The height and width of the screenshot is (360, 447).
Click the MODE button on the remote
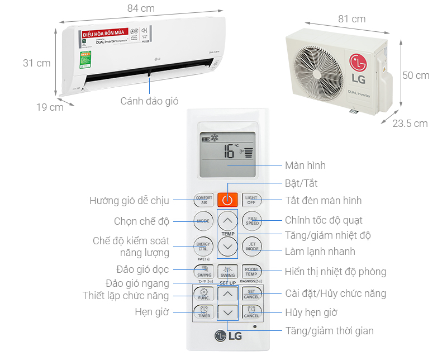[x=203, y=221]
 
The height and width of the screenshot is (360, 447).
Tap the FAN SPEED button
[x=252, y=221]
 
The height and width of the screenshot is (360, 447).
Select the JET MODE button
[x=252, y=247]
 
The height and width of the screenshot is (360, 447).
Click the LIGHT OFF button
[x=252, y=200]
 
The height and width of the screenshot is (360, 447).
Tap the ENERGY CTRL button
[x=203, y=246]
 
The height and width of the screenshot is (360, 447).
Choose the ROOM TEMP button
[x=252, y=272]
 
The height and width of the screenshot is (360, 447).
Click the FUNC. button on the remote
[x=203, y=293]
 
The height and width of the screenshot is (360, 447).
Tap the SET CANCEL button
[x=252, y=293]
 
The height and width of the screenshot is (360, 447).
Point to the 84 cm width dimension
[x=141, y=8]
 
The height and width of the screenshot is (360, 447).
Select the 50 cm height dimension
[x=416, y=75]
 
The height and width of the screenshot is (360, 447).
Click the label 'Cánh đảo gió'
[x=149, y=101]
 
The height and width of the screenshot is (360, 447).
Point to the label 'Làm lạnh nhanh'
[x=320, y=251]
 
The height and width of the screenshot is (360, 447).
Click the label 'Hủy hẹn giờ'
[x=311, y=312]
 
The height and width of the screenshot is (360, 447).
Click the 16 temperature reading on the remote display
[x=229, y=151]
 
